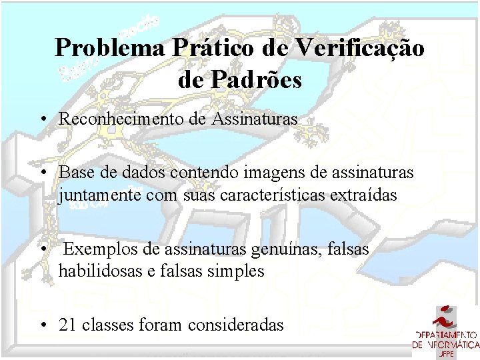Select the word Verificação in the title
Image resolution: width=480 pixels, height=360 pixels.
(360, 49)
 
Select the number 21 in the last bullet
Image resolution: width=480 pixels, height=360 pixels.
(67, 325)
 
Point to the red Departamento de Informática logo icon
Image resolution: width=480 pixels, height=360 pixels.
(446, 317)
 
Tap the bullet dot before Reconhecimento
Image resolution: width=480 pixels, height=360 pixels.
(42, 120)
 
